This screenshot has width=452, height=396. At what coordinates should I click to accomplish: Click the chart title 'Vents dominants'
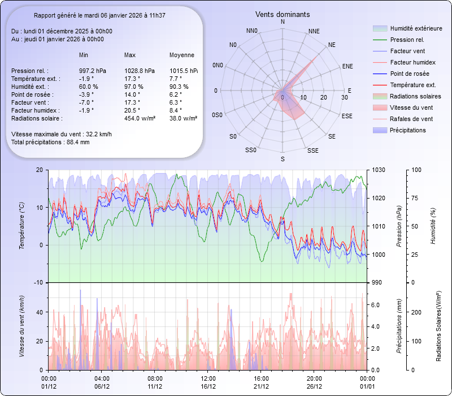point(282,14)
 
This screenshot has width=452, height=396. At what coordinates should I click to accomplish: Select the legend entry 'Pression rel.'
point(408,40)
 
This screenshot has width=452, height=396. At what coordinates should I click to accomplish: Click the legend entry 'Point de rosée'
point(409,74)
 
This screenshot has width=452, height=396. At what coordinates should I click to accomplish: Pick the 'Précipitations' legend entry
point(407,130)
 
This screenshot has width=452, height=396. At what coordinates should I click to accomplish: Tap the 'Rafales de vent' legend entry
point(411,119)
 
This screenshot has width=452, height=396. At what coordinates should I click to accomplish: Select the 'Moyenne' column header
point(182,55)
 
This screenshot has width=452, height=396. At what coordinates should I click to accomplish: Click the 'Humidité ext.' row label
point(31,87)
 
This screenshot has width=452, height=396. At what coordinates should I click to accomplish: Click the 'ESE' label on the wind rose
point(347,115)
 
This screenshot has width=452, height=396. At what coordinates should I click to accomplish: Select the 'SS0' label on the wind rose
point(251,150)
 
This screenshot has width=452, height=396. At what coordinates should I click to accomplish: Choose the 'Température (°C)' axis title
point(21,226)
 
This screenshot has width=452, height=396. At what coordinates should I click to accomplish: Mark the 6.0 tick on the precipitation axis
point(376,304)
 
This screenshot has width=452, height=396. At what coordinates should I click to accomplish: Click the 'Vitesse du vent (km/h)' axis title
point(21,326)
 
